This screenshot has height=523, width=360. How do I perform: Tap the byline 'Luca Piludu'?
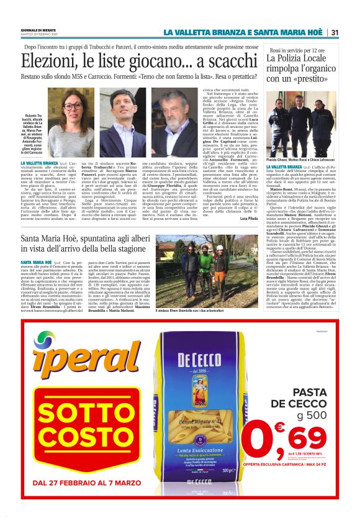(x=248, y=219)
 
